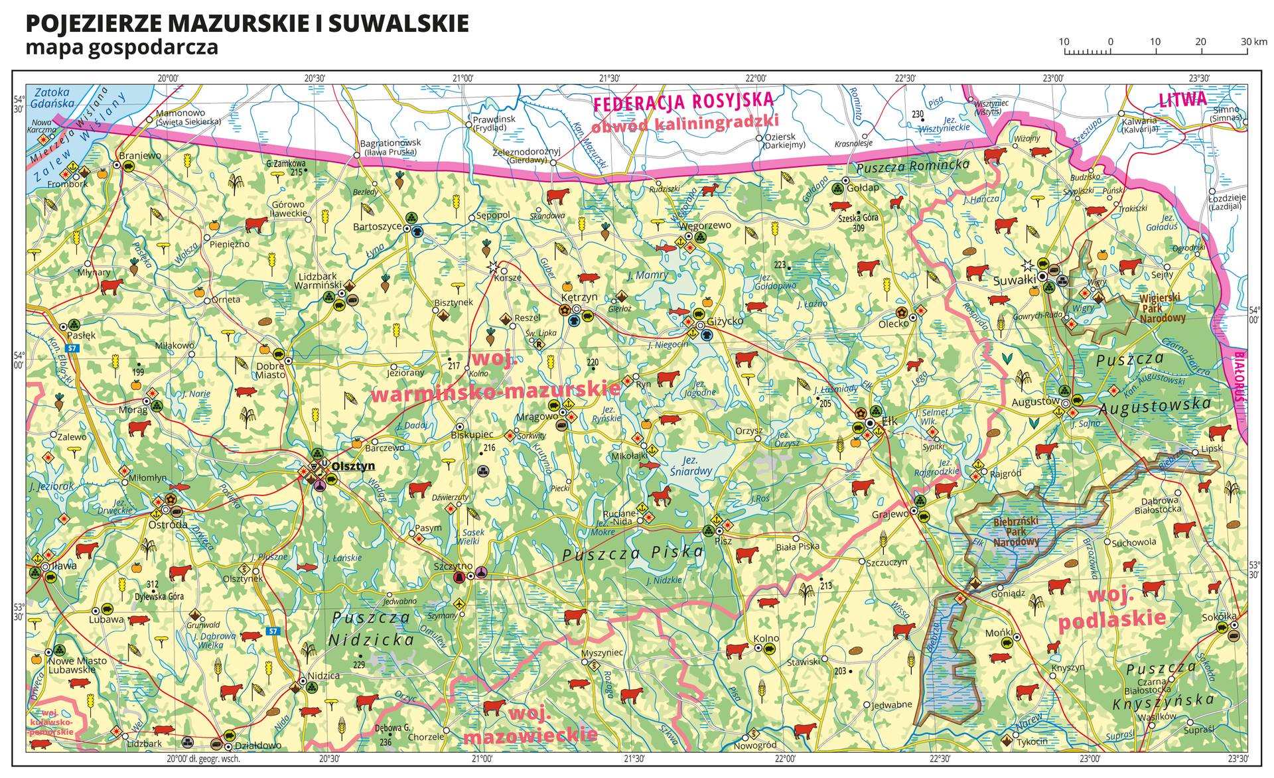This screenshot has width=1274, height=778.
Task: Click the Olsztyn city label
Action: [353, 466]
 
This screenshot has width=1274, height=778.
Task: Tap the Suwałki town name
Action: [1015, 281]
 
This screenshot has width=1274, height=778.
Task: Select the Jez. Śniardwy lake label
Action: [691, 466]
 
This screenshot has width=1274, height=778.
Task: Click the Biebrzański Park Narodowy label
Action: [1016, 531]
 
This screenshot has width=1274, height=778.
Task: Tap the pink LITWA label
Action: [1182, 99]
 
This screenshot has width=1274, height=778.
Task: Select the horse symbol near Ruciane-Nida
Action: [662, 495]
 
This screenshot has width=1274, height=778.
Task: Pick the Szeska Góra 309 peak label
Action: [858, 223]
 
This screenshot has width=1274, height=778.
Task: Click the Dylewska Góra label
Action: [159, 596]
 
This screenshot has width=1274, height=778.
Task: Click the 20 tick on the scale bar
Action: [1200, 42]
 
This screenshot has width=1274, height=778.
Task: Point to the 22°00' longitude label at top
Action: [756, 78]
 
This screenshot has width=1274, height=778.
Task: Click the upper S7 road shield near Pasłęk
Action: [73, 348]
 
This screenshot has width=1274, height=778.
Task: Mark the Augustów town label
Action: [1035, 402]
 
